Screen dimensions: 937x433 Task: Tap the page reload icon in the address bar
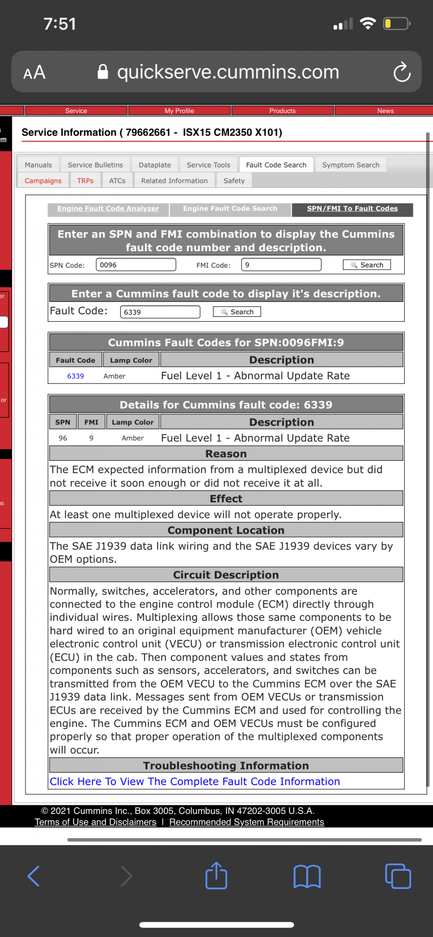pyautogui.click(x=402, y=72)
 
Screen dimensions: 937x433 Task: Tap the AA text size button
pyautogui.click(x=34, y=72)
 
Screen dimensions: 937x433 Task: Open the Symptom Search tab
pyautogui.click(x=351, y=165)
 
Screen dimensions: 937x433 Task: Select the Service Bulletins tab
pyautogui.click(x=95, y=165)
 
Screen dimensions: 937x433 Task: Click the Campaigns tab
pyautogui.click(x=43, y=181)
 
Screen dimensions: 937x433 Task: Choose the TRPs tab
pyautogui.click(x=85, y=181)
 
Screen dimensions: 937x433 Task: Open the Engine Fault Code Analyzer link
pyautogui.click(x=108, y=209)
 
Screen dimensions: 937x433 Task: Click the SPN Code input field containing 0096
pyautogui.click(x=135, y=265)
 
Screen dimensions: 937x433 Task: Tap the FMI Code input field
pyautogui.click(x=281, y=265)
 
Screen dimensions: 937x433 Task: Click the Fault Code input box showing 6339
pyautogui.click(x=160, y=312)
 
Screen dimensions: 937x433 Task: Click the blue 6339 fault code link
pyautogui.click(x=76, y=376)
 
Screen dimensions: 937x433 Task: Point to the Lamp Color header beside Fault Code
pyautogui.click(x=131, y=360)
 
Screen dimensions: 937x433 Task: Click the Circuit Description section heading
pyautogui.click(x=226, y=575)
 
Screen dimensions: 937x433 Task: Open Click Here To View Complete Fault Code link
pyautogui.click(x=195, y=781)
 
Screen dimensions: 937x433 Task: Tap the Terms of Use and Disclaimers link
pyautogui.click(x=95, y=822)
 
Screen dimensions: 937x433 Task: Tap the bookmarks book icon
pyautogui.click(x=307, y=876)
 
